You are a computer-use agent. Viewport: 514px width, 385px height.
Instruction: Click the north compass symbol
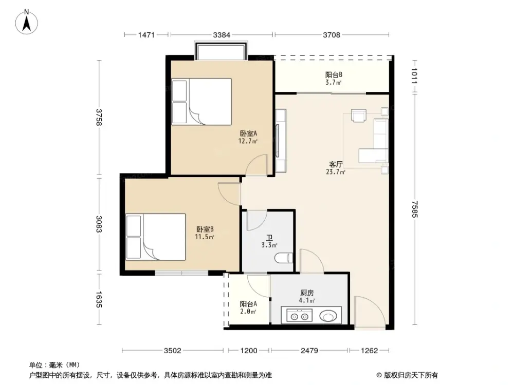29,22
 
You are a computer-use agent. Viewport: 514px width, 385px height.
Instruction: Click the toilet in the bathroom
284,258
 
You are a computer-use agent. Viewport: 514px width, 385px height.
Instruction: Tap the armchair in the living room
358,115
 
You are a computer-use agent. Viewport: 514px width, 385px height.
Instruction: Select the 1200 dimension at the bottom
248,351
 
